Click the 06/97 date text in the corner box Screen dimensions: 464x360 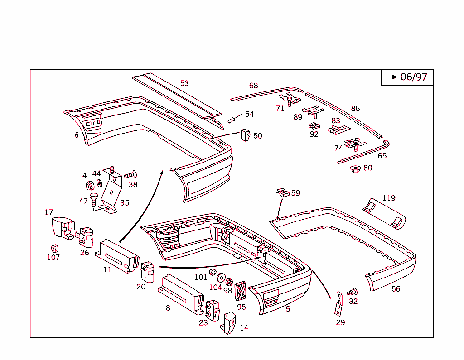[414, 77]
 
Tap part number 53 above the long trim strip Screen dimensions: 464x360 [184, 83]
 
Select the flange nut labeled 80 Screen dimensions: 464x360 [355, 169]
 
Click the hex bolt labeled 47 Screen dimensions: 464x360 [93, 199]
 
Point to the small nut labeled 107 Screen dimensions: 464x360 [55, 248]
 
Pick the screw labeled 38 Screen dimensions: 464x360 [130, 174]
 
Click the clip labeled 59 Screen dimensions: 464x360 [283, 192]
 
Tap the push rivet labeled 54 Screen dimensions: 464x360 [232, 120]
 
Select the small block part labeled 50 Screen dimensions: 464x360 [246, 135]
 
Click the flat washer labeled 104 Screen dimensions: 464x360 [221, 278]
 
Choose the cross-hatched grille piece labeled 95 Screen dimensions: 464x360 [241, 291]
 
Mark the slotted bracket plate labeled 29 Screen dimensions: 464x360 [338, 304]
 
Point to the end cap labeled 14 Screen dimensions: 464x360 [229, 323]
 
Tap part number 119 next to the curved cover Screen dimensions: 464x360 [389, 198]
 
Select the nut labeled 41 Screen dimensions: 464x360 [90, 186]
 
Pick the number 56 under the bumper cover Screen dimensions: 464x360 [396, 289]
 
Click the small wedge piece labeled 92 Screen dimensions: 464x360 [314, 126]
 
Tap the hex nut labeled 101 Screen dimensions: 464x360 [213, 272]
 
